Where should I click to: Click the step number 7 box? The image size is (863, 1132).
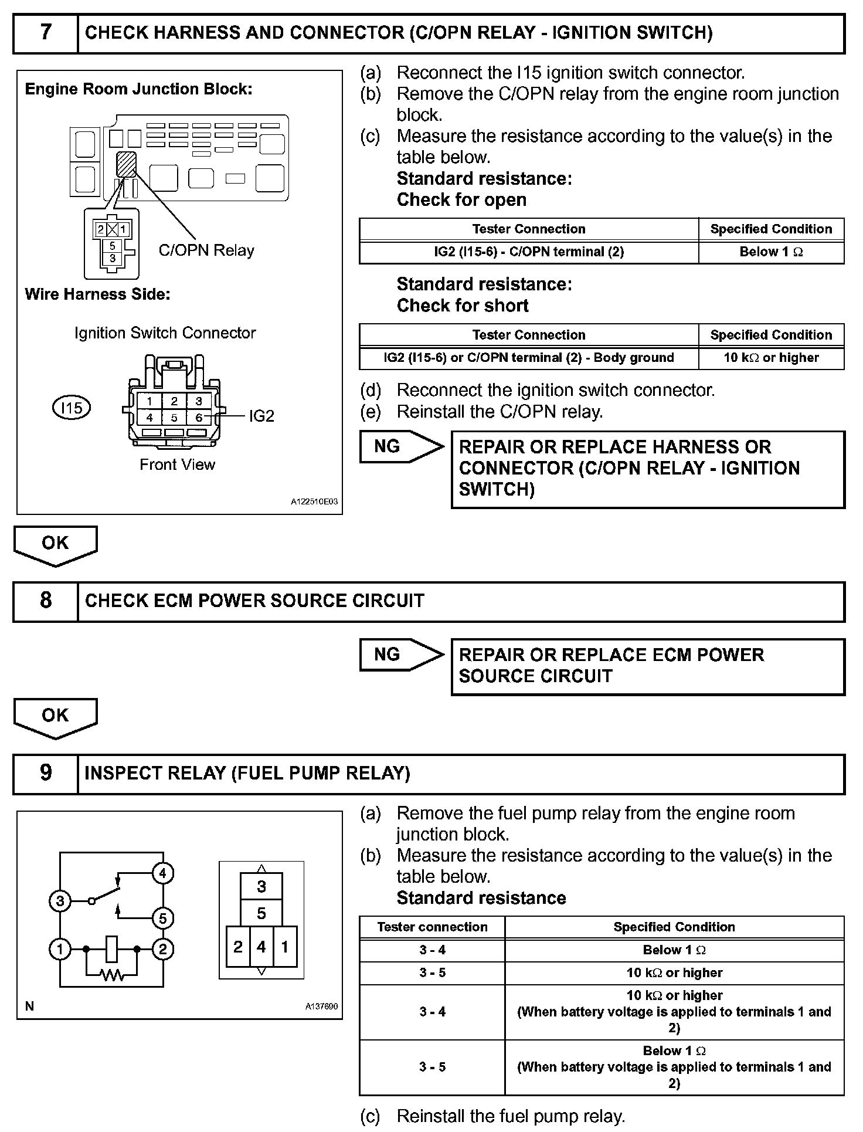[x=46, y=33]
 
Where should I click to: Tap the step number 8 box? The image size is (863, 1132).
[x=46, y=601]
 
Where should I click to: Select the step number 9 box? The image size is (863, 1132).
[x=46, y=773]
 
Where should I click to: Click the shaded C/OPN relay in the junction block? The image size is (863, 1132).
[x=127, y=164]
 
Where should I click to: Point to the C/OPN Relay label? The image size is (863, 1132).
[x=206, y=250]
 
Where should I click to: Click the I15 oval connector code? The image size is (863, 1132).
[x=72, y=408]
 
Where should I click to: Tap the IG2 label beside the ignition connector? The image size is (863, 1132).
[x=261, y=416]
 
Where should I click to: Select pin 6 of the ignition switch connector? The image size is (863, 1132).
[x=199, y=418]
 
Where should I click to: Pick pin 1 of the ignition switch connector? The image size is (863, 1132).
[x=150, y=402]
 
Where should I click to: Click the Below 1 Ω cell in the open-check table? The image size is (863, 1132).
[x=771, y=252]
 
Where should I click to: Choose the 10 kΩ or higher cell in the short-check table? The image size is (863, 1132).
[x=771, y=358]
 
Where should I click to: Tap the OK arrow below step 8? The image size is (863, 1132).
[x=55, y=717]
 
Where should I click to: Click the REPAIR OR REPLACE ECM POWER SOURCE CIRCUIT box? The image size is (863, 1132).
[x=648, y=666]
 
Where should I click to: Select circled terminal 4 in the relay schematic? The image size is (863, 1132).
[x=162, y=873]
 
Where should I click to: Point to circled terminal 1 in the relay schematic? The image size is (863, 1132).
[x=60, y=948]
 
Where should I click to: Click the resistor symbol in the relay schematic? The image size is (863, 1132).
[x=112, y=975]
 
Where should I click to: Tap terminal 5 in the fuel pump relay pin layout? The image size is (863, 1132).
[x=261, y=913]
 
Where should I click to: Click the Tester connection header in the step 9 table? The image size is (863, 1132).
[x=432, y=927]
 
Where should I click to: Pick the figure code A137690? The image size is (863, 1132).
[x=321, y=1006]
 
